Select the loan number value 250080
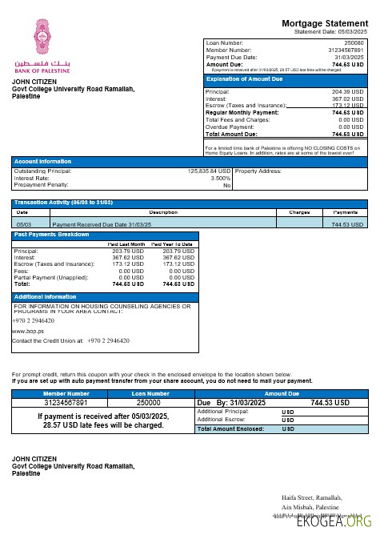[353, 42]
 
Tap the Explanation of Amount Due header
[244, 79]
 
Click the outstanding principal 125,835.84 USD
[209, 171]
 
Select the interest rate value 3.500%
[220, 178]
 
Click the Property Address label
[258, 171]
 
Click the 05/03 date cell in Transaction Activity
[23, 225]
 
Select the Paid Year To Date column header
[172, 243]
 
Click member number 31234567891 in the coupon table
[66, 403]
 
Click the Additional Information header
[46, 296]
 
